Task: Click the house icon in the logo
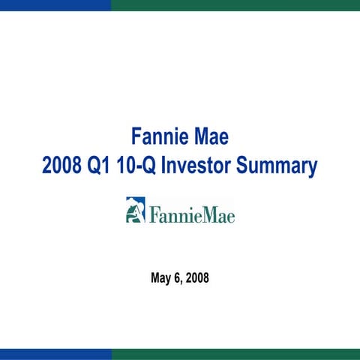point(135,211)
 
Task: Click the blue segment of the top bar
point(55,4)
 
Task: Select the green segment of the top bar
point(235,4)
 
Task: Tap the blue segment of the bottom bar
point(55,354)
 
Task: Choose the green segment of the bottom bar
point(235,354)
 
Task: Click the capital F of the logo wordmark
point(154,215)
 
